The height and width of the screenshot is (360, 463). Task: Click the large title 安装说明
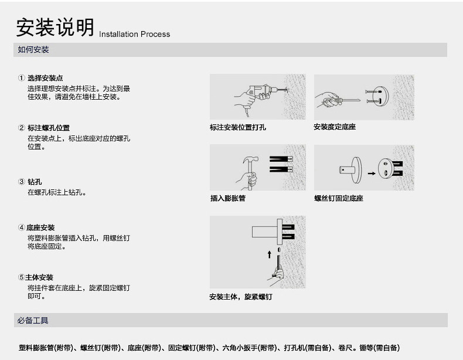pyautogui.click(x=55, y=28)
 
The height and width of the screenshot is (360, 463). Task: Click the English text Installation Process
pyautogui.click(x=135, y=34)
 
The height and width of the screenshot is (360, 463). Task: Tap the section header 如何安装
pyautogui.click(x=33, y=50)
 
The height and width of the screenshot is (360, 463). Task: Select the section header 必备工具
pyautogui.click(x=33, y=321)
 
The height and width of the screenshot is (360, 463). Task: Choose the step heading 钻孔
pyautogui.click(x=35, y=182)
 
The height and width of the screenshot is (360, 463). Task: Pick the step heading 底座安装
pyautogui.click(x=42, y=227)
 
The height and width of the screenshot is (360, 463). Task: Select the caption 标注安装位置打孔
pyautogui.click(x=238, y=127)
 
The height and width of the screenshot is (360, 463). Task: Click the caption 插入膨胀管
pyautogui.click(x=227, y=198)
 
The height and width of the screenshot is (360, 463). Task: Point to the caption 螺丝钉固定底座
pyautogui.click(x=339, y=198)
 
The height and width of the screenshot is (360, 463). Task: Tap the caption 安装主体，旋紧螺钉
pyautogui.click(x=240, y=297)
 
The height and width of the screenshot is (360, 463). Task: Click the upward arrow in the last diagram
pyautogui.click(x=269, y=254)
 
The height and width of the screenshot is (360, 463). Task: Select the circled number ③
pyautogui.click(x=21, y=182)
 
